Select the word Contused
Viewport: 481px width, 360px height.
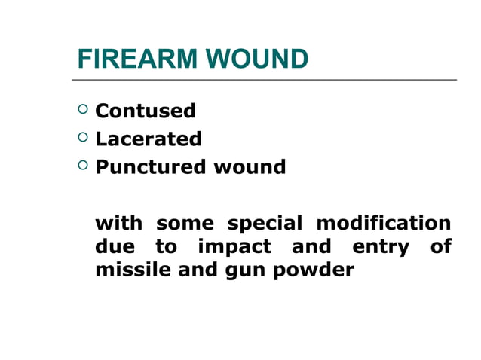point(146,111)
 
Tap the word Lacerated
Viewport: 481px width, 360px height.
point(149,139)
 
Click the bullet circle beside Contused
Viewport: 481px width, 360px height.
point(82,111)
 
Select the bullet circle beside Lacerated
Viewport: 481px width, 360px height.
point(82,138)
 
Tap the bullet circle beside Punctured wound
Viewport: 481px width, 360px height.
point(82,166)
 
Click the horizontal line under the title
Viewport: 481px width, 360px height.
point(264,79)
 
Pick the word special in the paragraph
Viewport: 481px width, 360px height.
point(265,224)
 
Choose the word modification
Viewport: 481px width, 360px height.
point(384,224)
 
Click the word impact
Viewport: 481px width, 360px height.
point(234,247)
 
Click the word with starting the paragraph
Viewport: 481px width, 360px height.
point(118,224)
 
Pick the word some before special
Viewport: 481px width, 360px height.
point(185,224)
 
